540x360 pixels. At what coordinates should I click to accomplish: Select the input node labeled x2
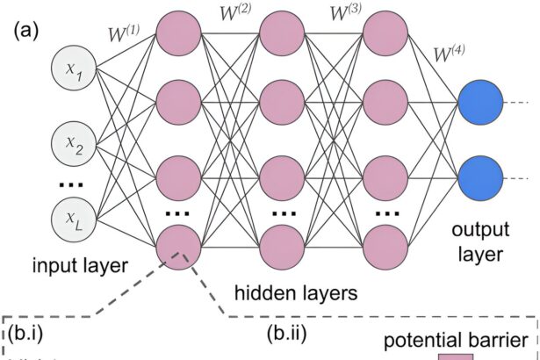(x=73, y=142)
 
